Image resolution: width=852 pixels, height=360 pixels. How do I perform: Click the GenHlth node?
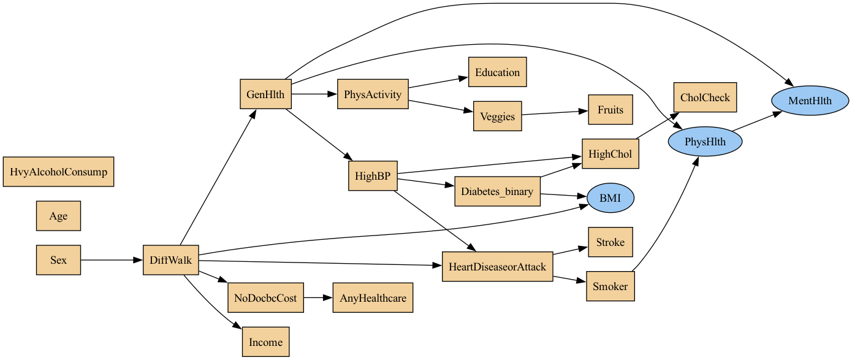[265, 94]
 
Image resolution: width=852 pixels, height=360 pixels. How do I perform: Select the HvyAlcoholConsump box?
[58, 172]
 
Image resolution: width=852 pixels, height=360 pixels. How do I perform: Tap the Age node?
[58, 216]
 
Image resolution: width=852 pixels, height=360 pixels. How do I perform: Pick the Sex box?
[58, 260]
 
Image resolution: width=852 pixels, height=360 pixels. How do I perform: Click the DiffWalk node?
[170, 260]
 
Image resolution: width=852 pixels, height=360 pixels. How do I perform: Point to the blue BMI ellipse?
[610, 198]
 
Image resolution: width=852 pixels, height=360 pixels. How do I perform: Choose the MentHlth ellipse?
[810, 101]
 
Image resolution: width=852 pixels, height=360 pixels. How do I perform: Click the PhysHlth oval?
[705, 142]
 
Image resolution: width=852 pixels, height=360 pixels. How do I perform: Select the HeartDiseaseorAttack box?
[497, 267]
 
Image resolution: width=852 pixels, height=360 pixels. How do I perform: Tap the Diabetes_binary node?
[497, 191]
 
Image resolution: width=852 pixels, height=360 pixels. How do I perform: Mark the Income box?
[265, 342]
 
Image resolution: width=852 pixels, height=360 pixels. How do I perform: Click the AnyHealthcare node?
[373, 298]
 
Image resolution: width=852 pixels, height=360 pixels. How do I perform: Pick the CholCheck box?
[705, 98]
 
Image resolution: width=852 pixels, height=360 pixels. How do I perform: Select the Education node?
[497, 72]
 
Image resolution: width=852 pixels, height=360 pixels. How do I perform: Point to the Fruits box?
[610, 110]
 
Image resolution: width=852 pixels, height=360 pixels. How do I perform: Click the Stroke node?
[610, 242]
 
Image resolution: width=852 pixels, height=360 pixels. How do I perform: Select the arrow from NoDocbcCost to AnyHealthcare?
[318, 298]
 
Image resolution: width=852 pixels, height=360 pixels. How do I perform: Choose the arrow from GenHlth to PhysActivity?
[314, 94]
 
